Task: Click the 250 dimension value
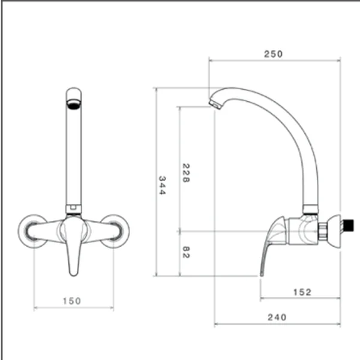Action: pos(273,54)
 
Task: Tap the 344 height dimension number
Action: pos(162,185)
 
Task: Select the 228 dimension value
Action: pos(186,173)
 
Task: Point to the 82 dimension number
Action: pos(186,252)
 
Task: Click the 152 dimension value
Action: pos(302,292)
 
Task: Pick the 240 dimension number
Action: pos(277,317)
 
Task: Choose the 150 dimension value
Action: pos(72,301)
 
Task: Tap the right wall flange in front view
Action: pos(114,231)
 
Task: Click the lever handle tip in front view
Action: pos(73,273)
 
